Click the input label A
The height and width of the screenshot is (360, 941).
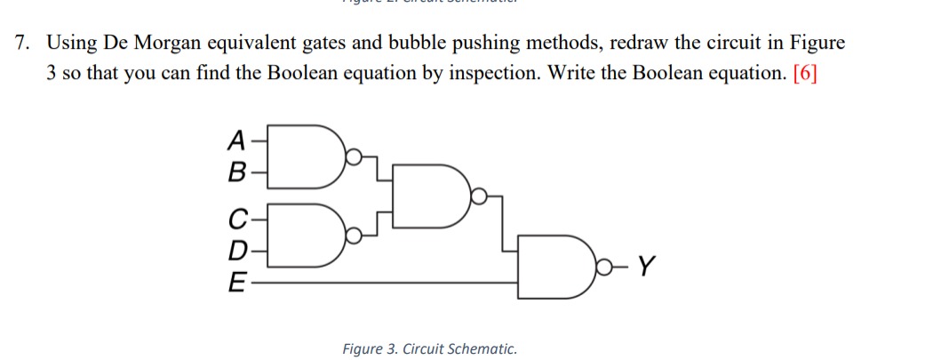pyautogui.click(x=235, y=140)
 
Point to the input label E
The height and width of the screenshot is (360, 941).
pyautogui.click(x=235, y=284)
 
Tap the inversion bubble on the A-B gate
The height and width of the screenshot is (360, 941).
pyautogui.click(x=354, y=157)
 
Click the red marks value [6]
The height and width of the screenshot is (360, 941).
pyautogui.click(x=803, y=72)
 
